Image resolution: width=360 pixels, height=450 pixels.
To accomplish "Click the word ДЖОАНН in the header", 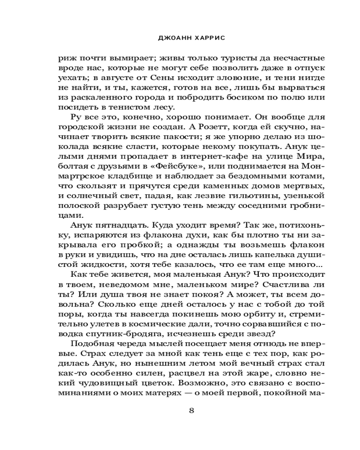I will pyautogui.click(x=168, y=38).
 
